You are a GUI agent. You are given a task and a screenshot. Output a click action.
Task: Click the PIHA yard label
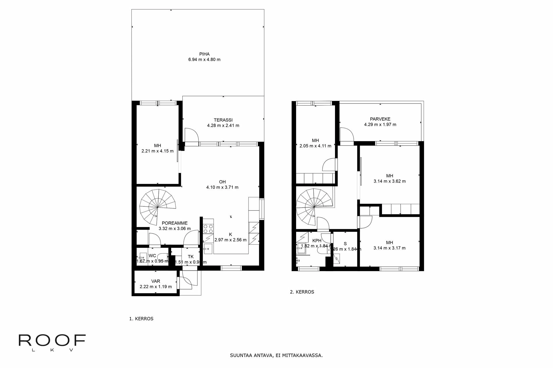pos(204,54)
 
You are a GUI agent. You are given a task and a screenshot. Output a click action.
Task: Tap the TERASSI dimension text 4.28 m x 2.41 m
pos(223,126)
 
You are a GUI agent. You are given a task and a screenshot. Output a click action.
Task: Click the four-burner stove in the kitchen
pos(208,229)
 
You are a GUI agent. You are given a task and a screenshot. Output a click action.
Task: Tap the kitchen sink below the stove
pos(208,249)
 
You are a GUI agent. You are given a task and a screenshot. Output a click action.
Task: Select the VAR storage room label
pos(156,281)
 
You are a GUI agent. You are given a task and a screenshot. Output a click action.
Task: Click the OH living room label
pos(222,182)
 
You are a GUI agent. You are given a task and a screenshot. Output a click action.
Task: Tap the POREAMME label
pos(175,223)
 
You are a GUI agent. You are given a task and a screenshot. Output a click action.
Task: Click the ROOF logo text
pos(52,340)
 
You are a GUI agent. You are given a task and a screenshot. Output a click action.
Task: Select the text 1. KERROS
pos(141,319)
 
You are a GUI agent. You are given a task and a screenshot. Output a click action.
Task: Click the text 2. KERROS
pos(302,292)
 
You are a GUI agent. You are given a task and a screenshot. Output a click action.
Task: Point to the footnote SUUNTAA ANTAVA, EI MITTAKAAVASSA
pos(276,355)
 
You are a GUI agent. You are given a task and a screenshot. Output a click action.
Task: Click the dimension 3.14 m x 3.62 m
pos(389,181)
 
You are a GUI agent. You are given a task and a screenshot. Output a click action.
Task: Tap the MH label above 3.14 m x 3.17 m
pos(389,243)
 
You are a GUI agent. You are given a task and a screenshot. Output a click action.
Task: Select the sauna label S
pos(345,244)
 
